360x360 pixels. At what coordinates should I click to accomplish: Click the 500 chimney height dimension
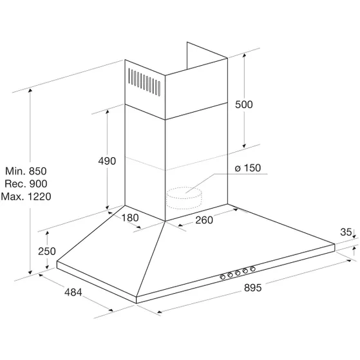(244, 104)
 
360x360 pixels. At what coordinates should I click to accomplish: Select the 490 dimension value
(107, 161)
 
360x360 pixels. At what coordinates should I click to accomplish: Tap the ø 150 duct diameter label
(248, 168)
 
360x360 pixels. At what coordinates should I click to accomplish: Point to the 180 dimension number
(130, 218)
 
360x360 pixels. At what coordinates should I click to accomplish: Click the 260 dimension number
(204, 220)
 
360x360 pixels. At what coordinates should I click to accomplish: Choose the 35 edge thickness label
(346, 232)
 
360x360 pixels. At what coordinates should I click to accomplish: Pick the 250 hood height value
(47, 251)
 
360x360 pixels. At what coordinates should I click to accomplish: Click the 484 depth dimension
(73, 292)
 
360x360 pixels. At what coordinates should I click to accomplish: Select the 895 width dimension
(253, 288)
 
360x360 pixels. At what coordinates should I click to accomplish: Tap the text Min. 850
(26, 171)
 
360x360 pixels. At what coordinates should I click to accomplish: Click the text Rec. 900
(26, 184)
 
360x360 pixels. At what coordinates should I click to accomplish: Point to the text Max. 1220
(26, 196)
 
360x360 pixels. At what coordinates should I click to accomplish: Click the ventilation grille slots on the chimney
(144, 82)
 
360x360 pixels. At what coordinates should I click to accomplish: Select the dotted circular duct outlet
(184, 198)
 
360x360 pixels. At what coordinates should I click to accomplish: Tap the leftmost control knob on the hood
(222, 277)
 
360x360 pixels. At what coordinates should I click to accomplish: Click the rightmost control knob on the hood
(253, 269)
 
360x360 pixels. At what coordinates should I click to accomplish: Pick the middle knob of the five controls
(238, 273)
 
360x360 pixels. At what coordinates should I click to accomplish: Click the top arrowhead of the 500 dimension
(244, 55)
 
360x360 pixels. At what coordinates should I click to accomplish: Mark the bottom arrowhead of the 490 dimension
(107, 207)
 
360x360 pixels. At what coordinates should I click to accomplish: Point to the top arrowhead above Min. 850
(30, 90)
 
